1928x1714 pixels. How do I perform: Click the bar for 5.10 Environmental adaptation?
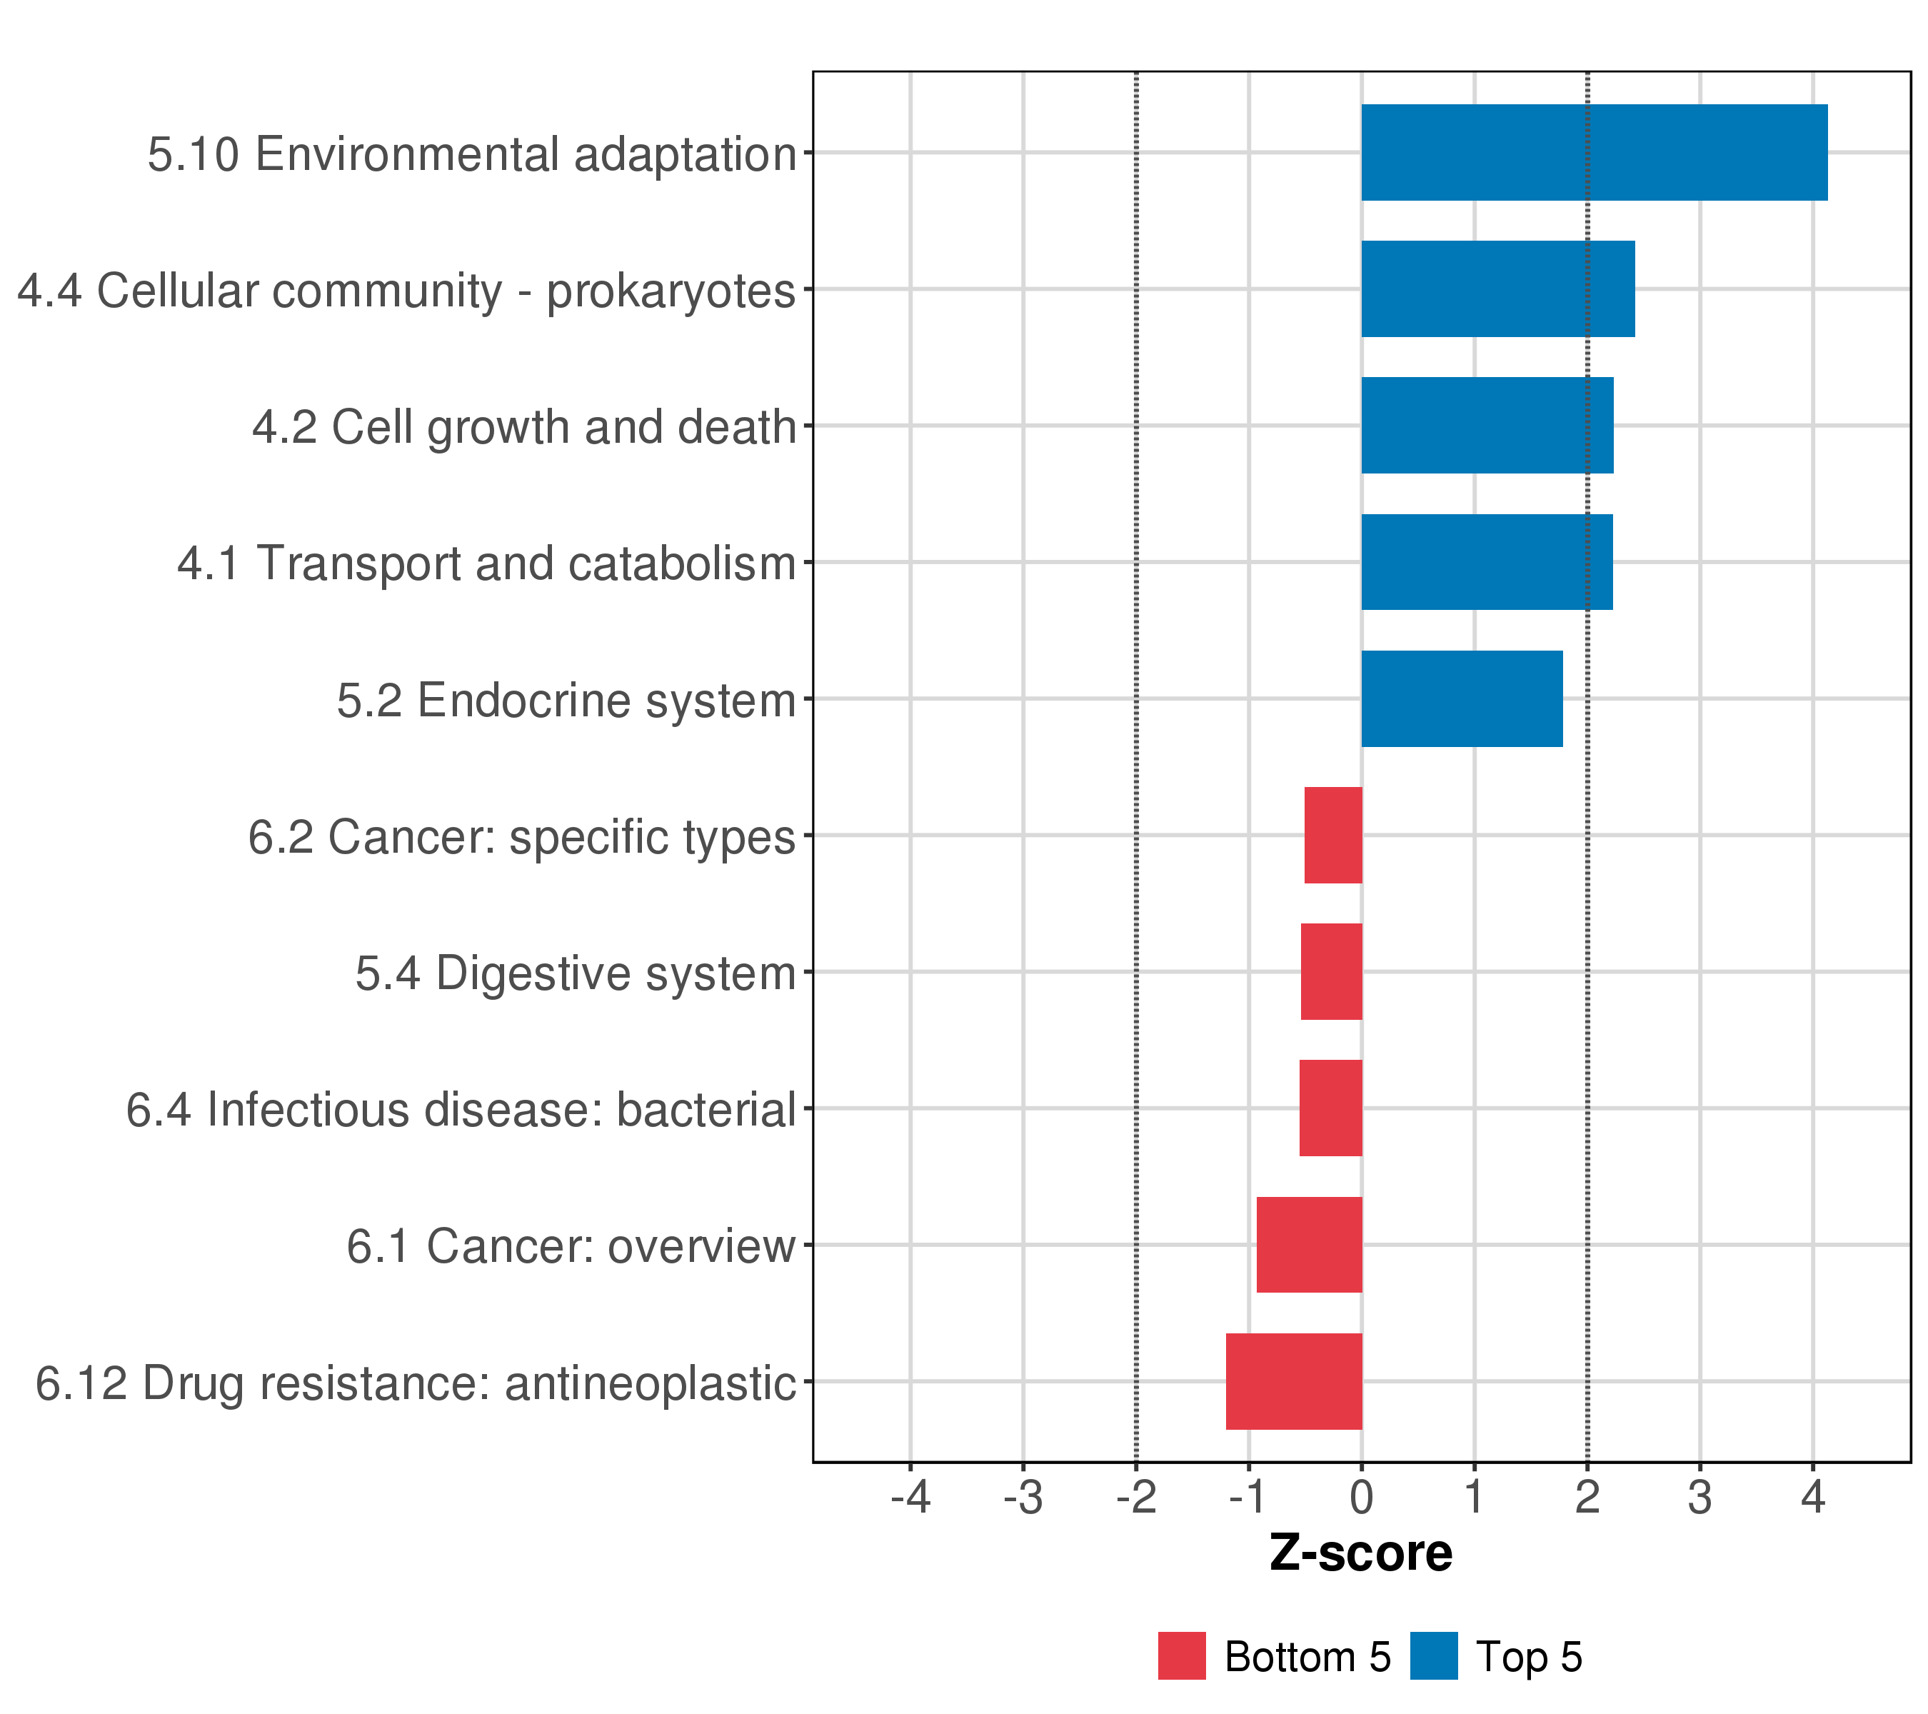pyautogui.click(x=1594, y=152)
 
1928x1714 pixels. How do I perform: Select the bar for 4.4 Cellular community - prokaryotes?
pyautogui.click(x=1498, y=289)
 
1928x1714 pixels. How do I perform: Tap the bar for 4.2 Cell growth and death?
pyautogui.click(x=1487, y=426)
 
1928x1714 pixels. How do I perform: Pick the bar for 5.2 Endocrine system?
pyautogui.click(x=1461, y=699)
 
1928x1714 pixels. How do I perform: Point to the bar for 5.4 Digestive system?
pyautogui.click(x=1331, y=971)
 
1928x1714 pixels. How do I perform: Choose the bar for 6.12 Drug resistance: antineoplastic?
pyautogui.click(x=1293, y=1381)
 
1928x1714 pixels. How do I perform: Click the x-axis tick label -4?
pyautogui.click(x=910, y=1498)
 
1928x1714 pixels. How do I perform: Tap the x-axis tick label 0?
pyautogui.click(x=1361, y=1498)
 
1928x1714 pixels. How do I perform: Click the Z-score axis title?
pyautogui.click(x=1360, y=1553)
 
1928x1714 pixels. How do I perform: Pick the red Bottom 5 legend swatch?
pyautogui.click(x=1182, y=1655)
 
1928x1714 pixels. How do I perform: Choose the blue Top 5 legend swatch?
pyautogui.click(x=1434, y=1655)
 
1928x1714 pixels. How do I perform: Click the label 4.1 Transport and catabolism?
pyautogui.click(x=487, y=564)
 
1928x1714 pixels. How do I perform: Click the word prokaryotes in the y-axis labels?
pyautogui.click(x=671, y=291)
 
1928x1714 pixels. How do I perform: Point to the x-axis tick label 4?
pyautogui.click(x=1812, y=1498)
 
